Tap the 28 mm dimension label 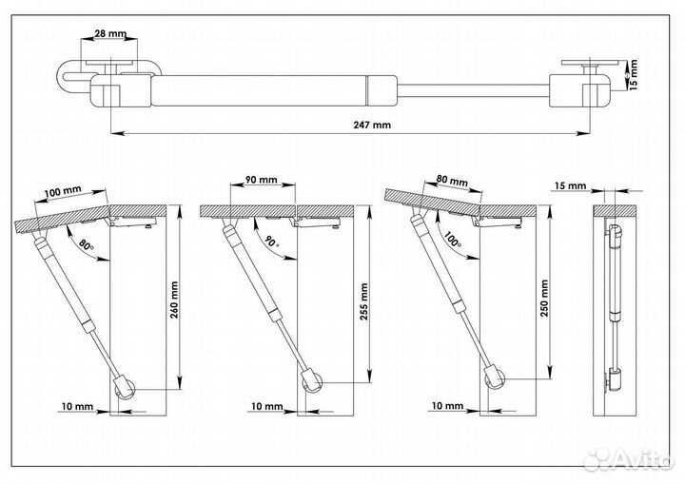tap(110, 33)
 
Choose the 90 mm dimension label tap(260, 181)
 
